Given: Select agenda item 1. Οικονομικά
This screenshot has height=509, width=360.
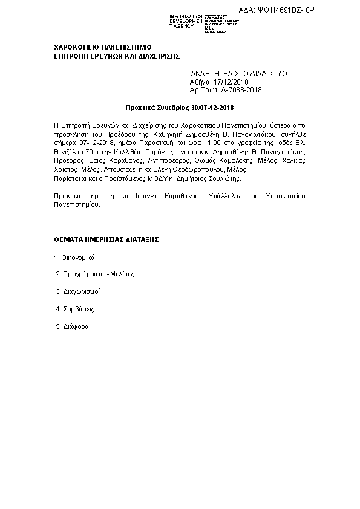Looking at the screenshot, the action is pyautogui.click(x=74, y=257).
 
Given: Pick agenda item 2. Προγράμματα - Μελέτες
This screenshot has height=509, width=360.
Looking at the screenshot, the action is pyautogui.click(x=94, y=274).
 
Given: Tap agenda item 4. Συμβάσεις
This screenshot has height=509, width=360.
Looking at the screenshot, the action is pyautogui.click(x=74, y=309).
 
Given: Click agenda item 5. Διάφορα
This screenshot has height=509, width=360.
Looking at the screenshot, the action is pyautogui.click(x=72, y=326).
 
